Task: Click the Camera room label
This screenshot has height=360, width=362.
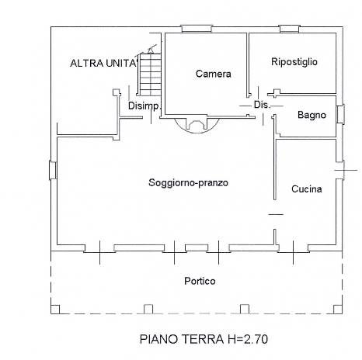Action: point(213,74)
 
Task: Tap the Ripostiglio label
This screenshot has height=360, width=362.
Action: point(294,62)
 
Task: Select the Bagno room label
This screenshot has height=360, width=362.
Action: point(312,115)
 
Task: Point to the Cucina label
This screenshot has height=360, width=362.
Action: point(307,189)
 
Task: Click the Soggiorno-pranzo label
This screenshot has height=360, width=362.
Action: point(188,183)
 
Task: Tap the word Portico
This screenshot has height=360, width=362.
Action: point(200,281)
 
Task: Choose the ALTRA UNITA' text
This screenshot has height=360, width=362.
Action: point(103,63)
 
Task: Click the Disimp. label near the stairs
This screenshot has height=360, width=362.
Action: point(144,106)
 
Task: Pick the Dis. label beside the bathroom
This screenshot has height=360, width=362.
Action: point(262,105)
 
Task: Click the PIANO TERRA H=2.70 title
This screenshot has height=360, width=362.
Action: point(204,339)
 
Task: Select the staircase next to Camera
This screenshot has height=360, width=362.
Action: point(150,74)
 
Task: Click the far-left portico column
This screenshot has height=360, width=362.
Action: point(55,310)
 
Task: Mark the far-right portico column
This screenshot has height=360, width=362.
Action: point(338,310)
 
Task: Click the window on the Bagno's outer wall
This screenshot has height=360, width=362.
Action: point(340,114)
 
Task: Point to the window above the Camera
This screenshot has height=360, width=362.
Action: point(197,29)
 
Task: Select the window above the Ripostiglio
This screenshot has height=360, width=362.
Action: point(289,29)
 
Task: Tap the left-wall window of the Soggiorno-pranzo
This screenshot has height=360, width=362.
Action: point(53,170)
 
